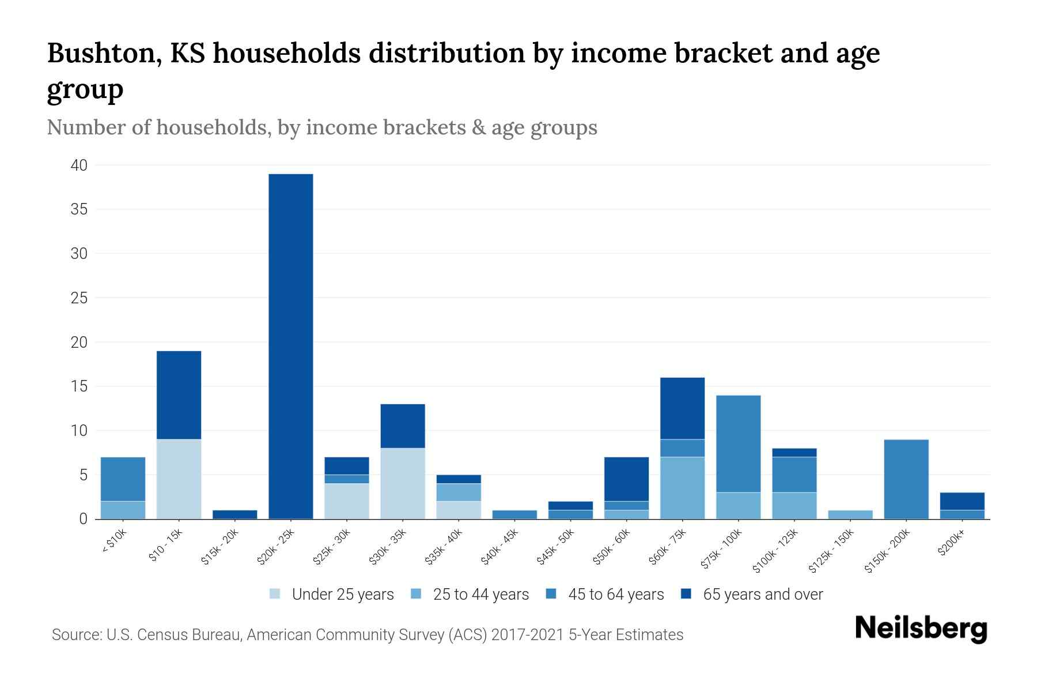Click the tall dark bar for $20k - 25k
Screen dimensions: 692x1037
tap(291, 346)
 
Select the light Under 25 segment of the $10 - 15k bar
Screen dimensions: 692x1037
tap(179, 479)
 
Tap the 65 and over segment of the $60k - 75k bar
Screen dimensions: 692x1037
tap(682, 408)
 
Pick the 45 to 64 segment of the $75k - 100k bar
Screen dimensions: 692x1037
tap(738, 443)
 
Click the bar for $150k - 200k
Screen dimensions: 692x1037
tap(906, 479)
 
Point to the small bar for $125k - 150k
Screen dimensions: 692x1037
tap(850, 514)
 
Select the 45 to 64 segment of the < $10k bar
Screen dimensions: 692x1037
tap(123, 479)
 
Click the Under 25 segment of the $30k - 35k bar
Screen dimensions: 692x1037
tap(403, 483)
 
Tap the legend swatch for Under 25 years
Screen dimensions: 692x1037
tap(275, 594)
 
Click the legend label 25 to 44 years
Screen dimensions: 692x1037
tap(480, 594)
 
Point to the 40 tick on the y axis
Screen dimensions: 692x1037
tap(79, 166)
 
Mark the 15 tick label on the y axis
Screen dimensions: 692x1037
tap(79, 386)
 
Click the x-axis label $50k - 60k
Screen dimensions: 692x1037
tap(612, 547)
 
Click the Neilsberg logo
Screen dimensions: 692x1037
tap(921, 629)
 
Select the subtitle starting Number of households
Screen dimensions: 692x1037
tap(321, 127)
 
